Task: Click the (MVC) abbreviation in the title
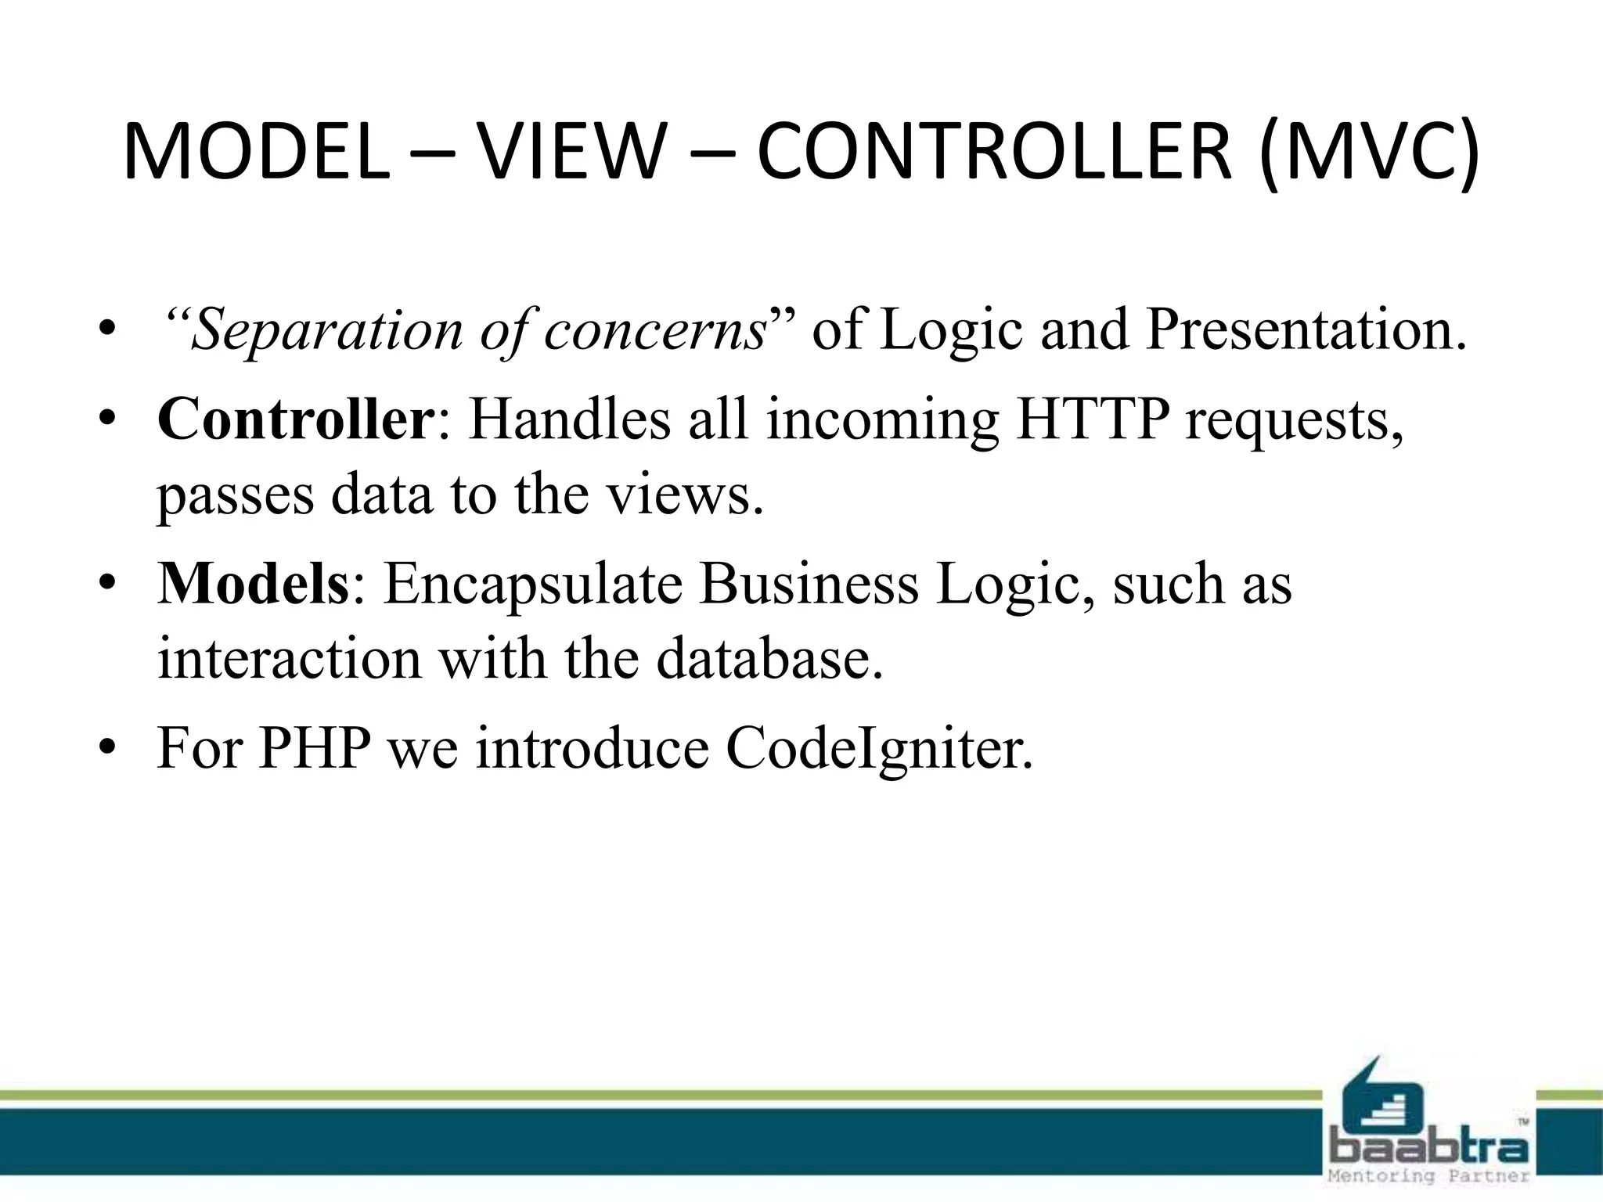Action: [x=1371, y=153]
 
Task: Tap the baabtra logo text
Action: [x=1429, y=1149]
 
